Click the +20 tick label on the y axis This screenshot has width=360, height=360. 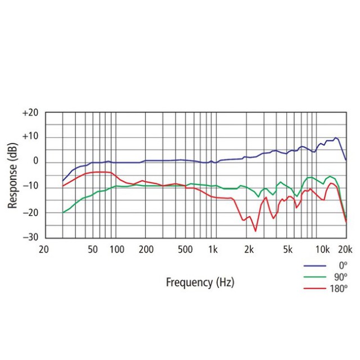point(30,112)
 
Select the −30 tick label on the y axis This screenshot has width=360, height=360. point(30,237)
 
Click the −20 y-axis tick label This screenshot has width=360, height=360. point(30,213)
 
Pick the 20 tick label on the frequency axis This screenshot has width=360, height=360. point(44,249)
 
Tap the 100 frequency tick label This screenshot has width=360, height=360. point(116,249)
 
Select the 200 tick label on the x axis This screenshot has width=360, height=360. point(146,249)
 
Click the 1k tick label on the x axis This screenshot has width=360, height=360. point(213,249)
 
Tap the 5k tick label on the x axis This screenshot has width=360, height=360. point(287,249)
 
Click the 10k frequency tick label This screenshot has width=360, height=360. point(322,249)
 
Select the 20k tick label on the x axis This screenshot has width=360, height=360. point(345,249)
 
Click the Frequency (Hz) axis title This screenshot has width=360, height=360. point(200,282)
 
